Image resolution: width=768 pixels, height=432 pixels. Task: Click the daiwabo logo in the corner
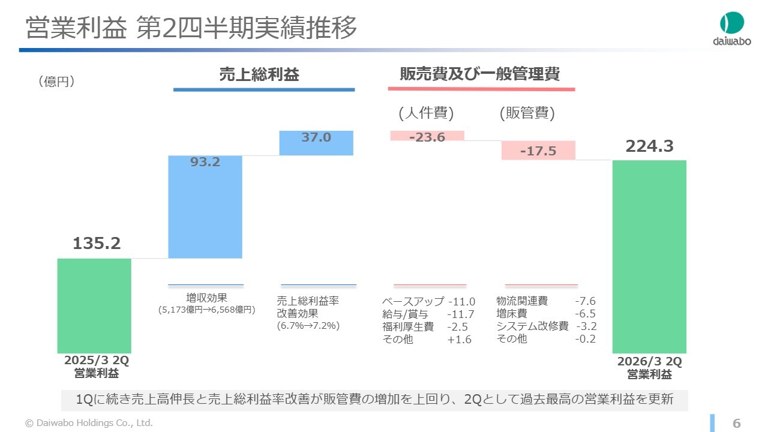[731, 28]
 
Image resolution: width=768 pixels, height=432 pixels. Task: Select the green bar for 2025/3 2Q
[94, 305]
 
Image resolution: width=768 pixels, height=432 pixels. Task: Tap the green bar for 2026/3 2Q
[649, 256]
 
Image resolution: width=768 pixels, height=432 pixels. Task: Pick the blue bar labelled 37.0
[316, 143]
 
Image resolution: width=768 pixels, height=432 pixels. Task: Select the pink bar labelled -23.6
[427, 136]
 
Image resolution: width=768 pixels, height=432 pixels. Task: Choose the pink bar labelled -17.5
[538, 150]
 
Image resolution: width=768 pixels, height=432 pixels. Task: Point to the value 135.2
[97, 243]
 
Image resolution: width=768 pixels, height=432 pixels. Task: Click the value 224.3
[650, 146]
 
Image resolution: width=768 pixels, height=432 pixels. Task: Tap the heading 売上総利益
[259, 74]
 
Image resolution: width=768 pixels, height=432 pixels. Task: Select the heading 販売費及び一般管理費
[480, 74]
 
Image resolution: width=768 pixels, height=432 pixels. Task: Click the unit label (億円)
[56, 82]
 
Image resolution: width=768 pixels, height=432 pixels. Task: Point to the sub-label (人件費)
[426, 113]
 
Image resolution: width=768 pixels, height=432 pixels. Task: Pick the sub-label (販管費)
[527, 113]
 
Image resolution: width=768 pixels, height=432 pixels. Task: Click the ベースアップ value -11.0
[461, 302]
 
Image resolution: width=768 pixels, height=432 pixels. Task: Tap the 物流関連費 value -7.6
[585, 301]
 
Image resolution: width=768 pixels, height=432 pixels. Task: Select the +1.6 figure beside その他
[459, 340]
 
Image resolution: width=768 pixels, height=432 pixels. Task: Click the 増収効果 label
[206, 298]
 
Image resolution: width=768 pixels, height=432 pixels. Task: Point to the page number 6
[737, 423]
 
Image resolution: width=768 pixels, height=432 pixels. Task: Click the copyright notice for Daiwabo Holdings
[89, 423]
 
